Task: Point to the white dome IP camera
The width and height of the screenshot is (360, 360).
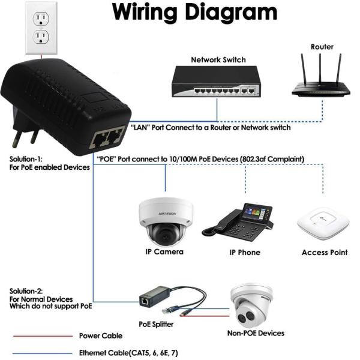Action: pyautogui.click(x=161, y=220)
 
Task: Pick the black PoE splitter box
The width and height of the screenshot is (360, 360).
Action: pyautogui.click(x=147, y=298)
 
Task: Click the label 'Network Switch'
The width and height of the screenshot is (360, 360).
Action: pyautogui.click(x=218, y=60)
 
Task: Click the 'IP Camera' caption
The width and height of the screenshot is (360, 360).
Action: pyautogui.click(x=164, y=252)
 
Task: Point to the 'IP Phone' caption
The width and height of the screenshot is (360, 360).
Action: pyautogui.click(x=245, y=253)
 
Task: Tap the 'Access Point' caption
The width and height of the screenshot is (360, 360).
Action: pyautogui.click(x=325, y=253)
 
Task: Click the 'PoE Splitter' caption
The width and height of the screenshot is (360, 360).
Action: pyautogui.click(x=156, y=324)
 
